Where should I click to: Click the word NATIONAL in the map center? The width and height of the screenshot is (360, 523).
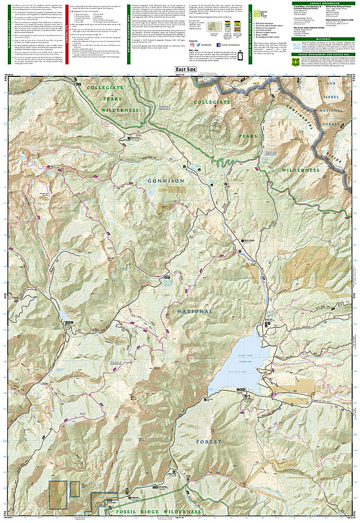coord(195,311)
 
